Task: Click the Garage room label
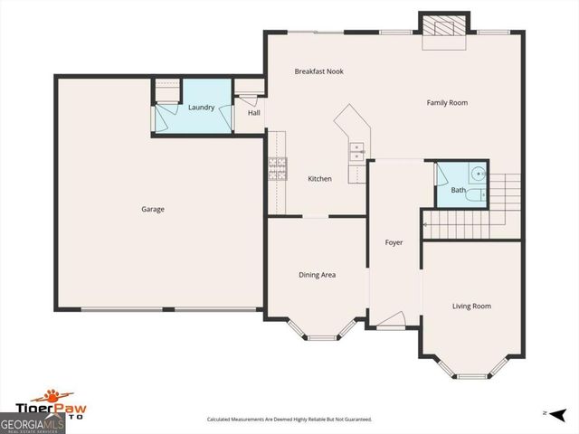point(153,209)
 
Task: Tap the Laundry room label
point(201,108)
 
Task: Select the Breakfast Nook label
point(318,71)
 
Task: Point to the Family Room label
point(447,103)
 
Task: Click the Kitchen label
point(319,179)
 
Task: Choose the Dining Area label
point(318,275)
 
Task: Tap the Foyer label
point(394,242)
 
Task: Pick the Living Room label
point(471,307)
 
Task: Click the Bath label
point(459,190)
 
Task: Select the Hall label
point(254,113)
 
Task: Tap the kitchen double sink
point(357,151)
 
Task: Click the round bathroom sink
point(479,174)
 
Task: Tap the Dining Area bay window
point(321,333)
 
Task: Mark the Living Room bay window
point(471,369)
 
